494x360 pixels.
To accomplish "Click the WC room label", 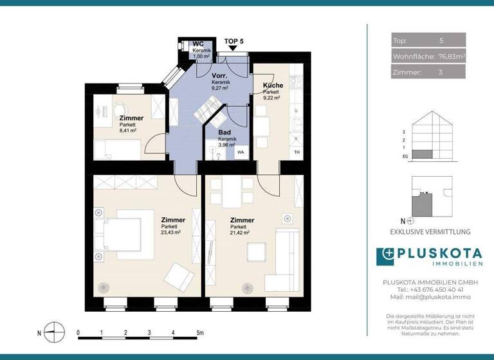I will coord(197,44).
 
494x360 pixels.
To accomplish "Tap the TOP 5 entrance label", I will coord(234,41).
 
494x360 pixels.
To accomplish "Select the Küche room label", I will coord(273,85).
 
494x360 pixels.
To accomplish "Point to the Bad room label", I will coord(224,132).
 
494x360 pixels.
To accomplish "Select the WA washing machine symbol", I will coord(241,153).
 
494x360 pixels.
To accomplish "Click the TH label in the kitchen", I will coord(297,152).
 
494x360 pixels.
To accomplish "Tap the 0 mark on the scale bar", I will coord(78,333).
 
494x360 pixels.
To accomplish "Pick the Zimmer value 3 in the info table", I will coord(441,73).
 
